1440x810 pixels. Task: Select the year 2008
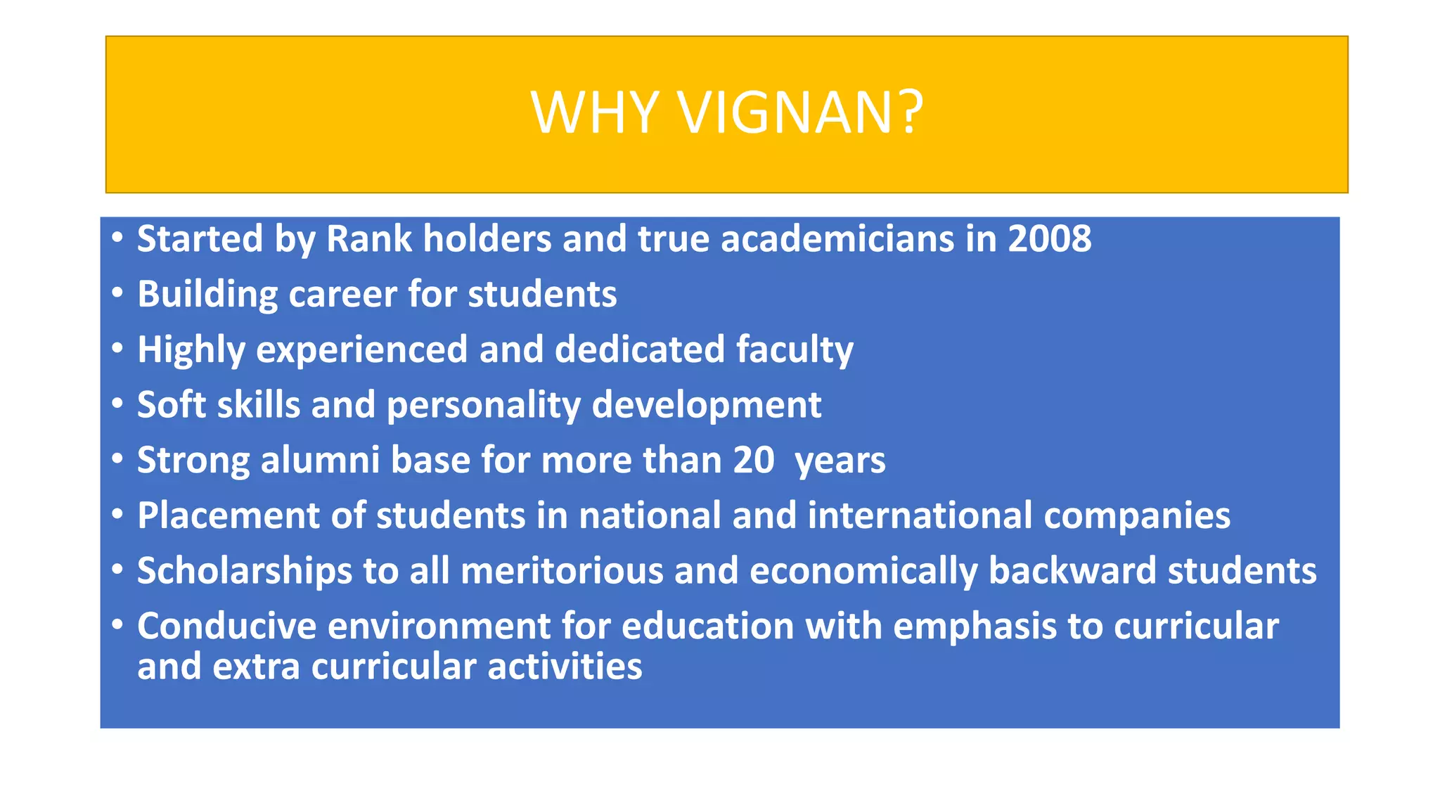click(x=1050, y=239)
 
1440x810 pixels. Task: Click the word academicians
click(x=837, y=239)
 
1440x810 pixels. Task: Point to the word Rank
click(x=369, y=239)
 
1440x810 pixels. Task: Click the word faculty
click(x=795, y=349)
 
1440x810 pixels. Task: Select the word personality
click(x=484, y=406)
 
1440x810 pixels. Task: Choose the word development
click(x=707, y=406)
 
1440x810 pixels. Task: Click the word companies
click(x=1137, y=517)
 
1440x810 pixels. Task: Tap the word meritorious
click(x=562, y=571)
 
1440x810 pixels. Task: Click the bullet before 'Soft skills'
click(x=117, y=403)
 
